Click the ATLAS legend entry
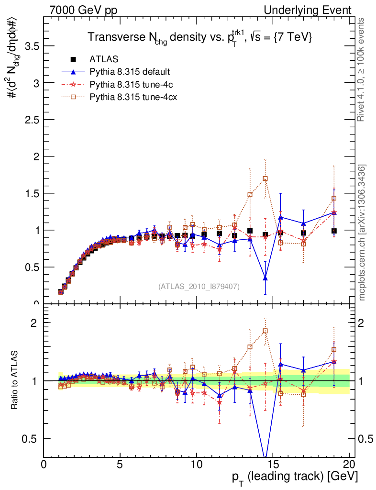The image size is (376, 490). [x=101, y=60]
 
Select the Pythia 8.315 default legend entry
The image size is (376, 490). [x=130, y=72]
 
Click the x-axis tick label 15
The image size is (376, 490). [x=272, y=465]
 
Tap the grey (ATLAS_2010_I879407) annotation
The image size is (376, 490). [x=199, y=286]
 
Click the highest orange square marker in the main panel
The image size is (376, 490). [x=265, y=179]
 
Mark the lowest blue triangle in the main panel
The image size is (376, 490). [x=265, y=278]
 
